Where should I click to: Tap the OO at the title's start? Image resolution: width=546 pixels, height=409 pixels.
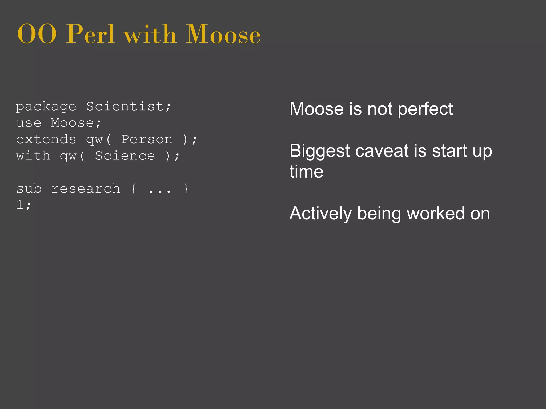(x=37, y=35)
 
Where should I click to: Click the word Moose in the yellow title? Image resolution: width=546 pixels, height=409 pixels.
(x=223, y=35)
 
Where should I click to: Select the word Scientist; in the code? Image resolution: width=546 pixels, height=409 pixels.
(x=129, y=107)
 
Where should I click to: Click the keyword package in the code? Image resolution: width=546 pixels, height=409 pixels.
(x=46, y=107)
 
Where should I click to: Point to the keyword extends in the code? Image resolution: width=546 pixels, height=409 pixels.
(x=46, y=140)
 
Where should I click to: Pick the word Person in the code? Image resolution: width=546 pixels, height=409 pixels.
(x=147, y=140)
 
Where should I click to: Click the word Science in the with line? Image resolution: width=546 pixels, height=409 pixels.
(x=125, y=156)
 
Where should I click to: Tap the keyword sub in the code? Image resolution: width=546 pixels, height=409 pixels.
(x=29, y=189)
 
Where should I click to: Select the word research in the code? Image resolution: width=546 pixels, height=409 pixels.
(x=86, y=189)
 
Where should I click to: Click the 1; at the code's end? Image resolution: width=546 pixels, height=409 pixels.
(x=24, y=205)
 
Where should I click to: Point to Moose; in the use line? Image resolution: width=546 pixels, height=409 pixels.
(x=76, y=123)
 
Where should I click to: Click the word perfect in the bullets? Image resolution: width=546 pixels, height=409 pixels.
(x=425, y=109)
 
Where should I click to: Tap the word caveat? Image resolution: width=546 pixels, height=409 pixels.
(x=382, y=151)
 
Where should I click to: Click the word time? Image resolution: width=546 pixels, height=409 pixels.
(x=306, y=171)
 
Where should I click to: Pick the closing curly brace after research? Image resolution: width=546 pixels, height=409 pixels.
(x=186, y=189)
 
